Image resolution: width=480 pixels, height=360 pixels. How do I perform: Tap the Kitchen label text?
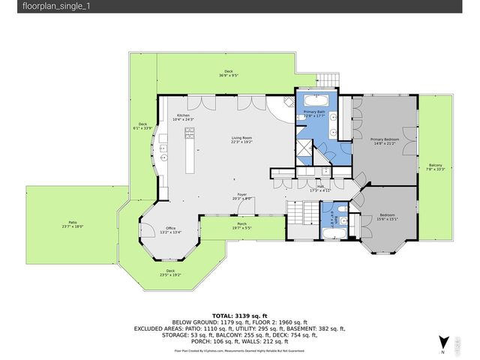[183, 117]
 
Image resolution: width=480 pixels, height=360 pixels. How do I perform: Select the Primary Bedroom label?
[383, 141]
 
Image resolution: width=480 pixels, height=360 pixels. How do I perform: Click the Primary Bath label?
[313, 113]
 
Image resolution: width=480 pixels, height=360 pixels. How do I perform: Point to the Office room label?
[170, 230]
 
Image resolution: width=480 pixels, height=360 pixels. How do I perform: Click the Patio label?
[73, 223]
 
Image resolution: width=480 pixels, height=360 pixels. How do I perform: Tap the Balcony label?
[435, 167]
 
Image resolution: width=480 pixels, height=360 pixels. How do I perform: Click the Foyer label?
[242, 196]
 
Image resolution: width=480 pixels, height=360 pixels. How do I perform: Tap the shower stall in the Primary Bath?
[304, 149]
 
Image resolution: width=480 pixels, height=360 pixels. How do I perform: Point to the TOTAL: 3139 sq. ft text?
[239, 315]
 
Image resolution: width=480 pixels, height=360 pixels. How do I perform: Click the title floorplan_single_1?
[36, 7]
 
